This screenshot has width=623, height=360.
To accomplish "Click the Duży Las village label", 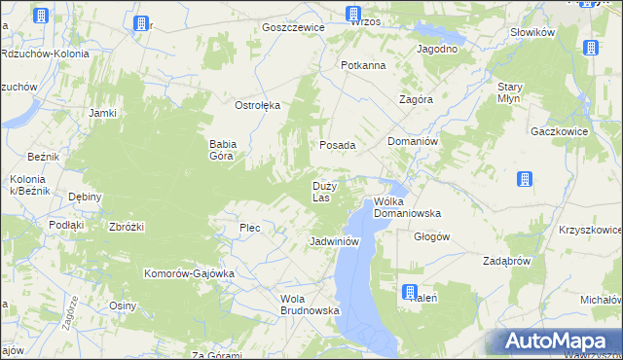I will point(324,191).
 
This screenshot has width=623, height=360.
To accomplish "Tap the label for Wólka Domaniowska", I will point(408,206).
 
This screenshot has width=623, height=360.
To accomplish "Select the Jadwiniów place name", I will point(335,240).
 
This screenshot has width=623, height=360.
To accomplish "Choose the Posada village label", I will point(338,145).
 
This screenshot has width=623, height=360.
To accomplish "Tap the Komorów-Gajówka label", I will point(190,273).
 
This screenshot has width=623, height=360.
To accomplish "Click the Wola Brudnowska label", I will point(309,305).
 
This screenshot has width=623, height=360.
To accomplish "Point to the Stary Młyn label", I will point(510,92).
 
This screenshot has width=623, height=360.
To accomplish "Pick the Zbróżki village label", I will point(128,227).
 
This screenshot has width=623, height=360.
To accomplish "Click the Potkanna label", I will point(363,65).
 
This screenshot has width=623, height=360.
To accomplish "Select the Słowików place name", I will point(532,32).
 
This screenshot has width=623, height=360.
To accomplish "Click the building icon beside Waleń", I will point(411,292).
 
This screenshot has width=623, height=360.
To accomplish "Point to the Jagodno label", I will point(437,49).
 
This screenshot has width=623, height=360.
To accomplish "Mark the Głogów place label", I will point(431,236).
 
